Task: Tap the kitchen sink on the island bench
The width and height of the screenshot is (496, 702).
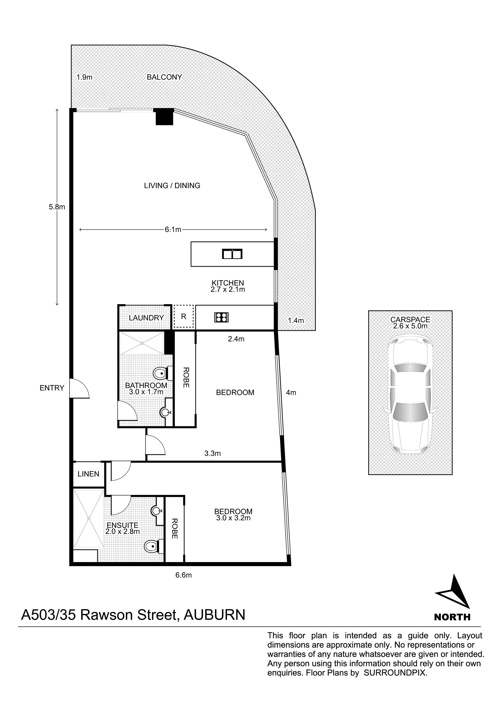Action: pyautogui.click(x=232, y=254)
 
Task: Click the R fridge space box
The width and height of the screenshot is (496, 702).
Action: pyautogui.click(x=184, y=316)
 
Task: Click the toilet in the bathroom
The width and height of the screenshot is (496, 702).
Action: pyautogui.click(x=160, y=373)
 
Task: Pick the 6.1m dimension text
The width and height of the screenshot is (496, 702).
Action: pyautogui.click(x=173, y=230)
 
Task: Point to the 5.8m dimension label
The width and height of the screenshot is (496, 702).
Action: pyautogui.click(x=57, y=207)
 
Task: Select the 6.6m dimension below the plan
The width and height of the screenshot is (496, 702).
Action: pyautogui.click(x=183, y=575)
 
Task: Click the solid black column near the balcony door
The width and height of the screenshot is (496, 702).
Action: pyautogui.click(x=164, y=117)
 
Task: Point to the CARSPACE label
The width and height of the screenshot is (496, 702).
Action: pyautogui.click(x=410, y=320)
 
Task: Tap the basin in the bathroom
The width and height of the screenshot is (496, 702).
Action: pyautogui.click(x=165, y=412)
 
